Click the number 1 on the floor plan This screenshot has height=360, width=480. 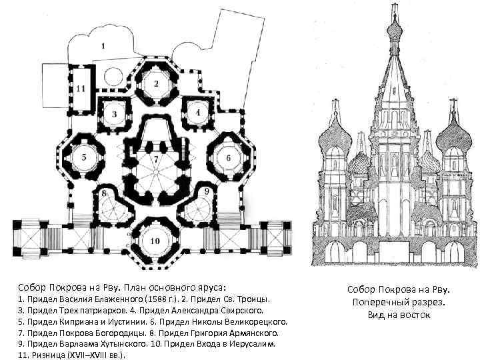tap(104, 46)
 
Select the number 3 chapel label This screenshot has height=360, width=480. tap(114, 114)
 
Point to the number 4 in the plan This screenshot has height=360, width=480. tap(198, 112)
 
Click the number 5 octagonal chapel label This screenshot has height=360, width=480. tap(84, 157)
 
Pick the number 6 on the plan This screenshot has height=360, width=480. tap(228, 158)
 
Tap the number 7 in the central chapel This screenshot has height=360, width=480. tap(156, 160)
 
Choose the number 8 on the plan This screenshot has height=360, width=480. tap(105, 194)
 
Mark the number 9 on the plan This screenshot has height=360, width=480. tap(207, 191)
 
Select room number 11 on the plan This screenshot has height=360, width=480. tap(81, 88)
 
